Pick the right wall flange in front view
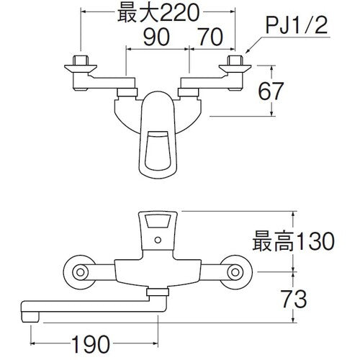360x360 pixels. point(235,273)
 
